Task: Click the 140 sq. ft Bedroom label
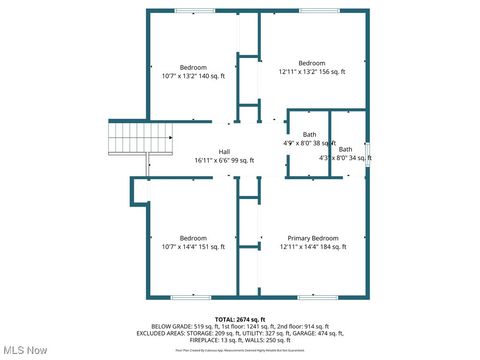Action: click(194, 67)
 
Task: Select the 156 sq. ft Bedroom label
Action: click(312, 63)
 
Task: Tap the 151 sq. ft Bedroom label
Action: click(193, 238)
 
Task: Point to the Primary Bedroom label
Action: click(312, 238)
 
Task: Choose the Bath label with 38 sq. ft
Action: click(310, 134)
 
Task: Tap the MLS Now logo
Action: click(26, 350)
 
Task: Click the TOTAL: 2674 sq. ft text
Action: click(240, 318)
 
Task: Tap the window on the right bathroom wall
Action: click(368, 151)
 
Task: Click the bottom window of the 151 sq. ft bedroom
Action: click(190, 297)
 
